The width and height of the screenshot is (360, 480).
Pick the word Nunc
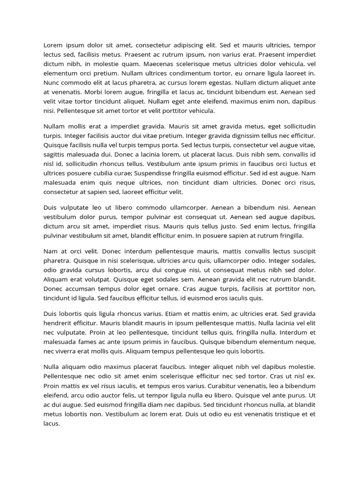51,82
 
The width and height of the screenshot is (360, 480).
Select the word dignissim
242,136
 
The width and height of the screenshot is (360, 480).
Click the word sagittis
55,155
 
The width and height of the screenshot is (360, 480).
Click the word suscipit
302,251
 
